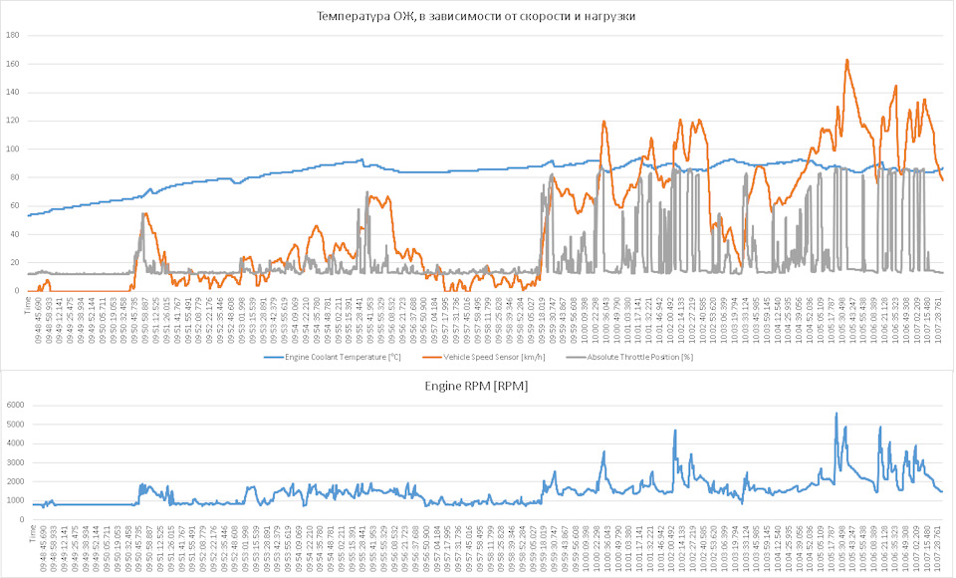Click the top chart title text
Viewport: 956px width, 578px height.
pos(476,17)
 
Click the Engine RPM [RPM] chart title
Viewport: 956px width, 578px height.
pos(477,386)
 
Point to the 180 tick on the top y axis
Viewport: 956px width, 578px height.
pos(13,35)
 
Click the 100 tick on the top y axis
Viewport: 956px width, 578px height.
pos(13,148)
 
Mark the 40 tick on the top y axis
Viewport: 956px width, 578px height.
pos(15,234)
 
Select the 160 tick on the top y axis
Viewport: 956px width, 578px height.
pos(13,64)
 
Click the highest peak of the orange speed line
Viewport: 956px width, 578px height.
pos(846,60)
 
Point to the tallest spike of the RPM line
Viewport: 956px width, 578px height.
pos(836,413)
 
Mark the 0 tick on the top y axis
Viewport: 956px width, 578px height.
pos(18,291)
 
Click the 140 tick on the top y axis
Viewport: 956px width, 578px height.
pos(13,92)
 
